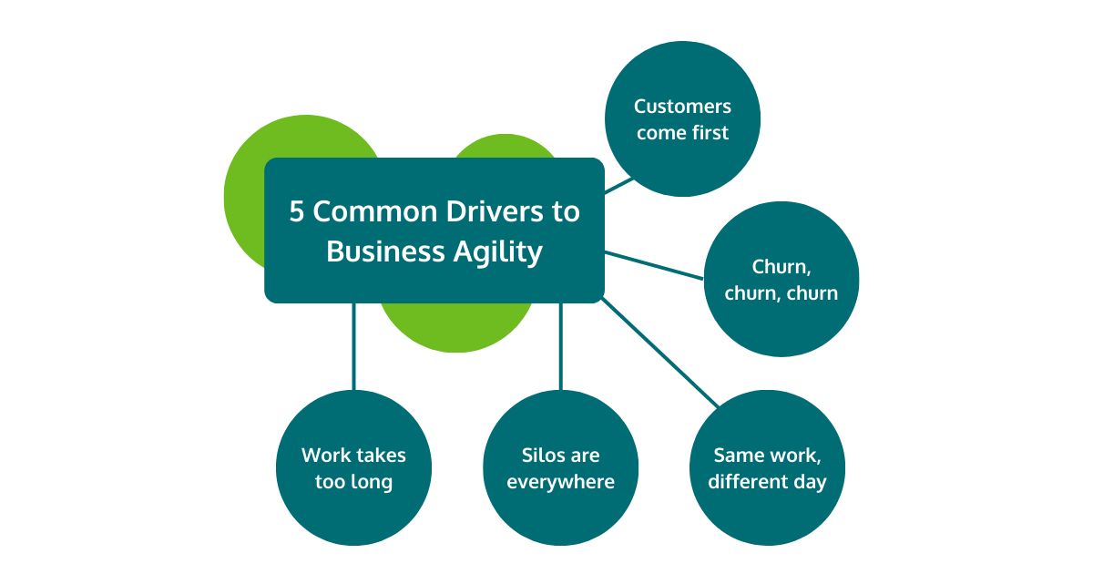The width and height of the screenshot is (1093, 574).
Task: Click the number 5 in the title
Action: tap(297, 211)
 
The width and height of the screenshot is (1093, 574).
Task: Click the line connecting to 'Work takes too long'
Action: tap(353, 346)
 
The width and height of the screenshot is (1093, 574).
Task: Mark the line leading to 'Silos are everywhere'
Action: tap(560, 346)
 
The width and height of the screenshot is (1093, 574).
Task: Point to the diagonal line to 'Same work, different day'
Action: tap(660, 351)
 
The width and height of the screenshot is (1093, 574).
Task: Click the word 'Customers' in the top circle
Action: tap(682, 107)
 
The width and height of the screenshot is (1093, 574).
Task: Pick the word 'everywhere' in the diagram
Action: tap(560, 482)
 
